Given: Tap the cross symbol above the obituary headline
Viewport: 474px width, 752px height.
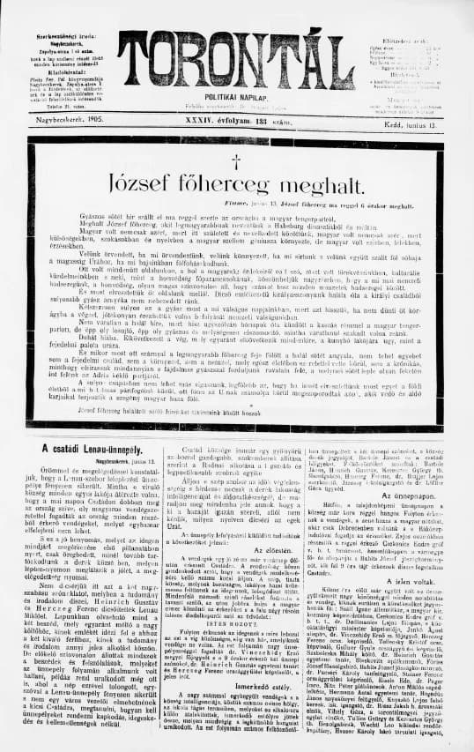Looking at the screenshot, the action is [235, 158].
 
